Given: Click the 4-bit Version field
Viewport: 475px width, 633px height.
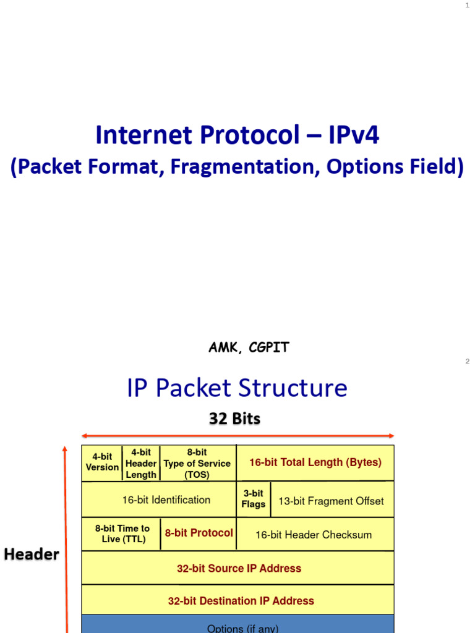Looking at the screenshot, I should click(x=102, y=462).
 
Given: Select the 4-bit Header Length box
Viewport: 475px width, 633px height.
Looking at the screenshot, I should click(x=141, y=463).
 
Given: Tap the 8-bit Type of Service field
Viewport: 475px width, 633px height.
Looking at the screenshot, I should click(x=197, y=463).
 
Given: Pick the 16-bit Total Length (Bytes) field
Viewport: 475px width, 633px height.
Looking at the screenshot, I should click(x=315, y=462).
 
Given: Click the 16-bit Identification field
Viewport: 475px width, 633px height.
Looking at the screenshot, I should click(x=158, y=500).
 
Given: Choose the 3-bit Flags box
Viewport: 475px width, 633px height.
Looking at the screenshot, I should click(x=253, y=499).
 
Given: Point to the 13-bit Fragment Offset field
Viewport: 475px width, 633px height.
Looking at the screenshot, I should click(x=331, y=501).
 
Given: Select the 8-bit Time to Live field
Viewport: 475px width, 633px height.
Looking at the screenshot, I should click(x=122, y=533).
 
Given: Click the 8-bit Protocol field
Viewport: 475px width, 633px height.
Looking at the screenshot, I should click(x=199, y=533).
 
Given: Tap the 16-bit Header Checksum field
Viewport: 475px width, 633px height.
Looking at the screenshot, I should click(x=314, y=535).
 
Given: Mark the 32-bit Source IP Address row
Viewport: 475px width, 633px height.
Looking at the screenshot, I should click(x=238, y=568).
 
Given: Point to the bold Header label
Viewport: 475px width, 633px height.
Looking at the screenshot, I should click(x=32, y=554).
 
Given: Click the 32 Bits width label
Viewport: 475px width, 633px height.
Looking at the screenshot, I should click(x=234, y=418).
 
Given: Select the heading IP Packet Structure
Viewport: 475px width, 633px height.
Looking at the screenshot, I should click(x=237, y=388).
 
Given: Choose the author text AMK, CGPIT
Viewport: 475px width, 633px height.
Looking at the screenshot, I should click(x=249, y=347).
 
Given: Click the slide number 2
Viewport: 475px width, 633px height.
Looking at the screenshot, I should click(x=468, y=362).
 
